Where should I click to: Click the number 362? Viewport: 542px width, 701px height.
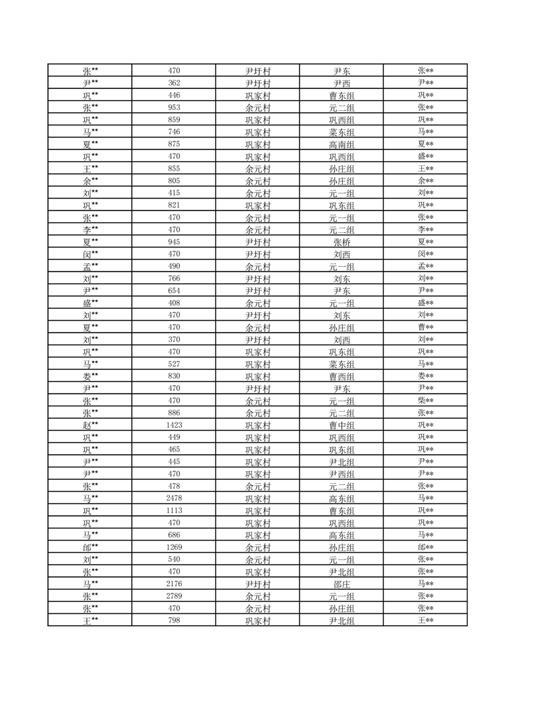coord(174,83)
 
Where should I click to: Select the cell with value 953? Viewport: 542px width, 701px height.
coord(174,108)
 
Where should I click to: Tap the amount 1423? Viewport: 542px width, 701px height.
coord(174,425)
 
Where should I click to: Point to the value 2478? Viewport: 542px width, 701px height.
coord(174,498)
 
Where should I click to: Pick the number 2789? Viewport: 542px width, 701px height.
coord(174,596)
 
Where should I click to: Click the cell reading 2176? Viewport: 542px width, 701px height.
coord(174,584)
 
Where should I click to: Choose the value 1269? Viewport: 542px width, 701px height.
coord(174,547)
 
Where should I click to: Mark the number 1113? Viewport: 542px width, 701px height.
coord(174,510)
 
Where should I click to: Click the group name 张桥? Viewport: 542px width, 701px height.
coord(342,242)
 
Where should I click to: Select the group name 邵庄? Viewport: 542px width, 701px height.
coord(342,584)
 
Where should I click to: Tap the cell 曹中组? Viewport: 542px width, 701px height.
coord(342,426)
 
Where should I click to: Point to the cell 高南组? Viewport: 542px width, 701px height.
coord(342,145)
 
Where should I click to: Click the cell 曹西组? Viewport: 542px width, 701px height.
coord(342,376)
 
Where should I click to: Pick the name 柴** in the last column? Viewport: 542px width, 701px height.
coord(426,401)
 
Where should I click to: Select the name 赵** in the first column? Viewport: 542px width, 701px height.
coord(90,425)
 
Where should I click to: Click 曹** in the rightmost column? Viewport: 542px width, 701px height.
coord(426,327)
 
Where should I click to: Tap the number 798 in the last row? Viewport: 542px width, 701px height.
coord(174,621)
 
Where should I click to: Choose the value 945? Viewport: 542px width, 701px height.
coord(174,242)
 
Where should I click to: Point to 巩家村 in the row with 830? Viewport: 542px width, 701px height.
coord(258,376)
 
